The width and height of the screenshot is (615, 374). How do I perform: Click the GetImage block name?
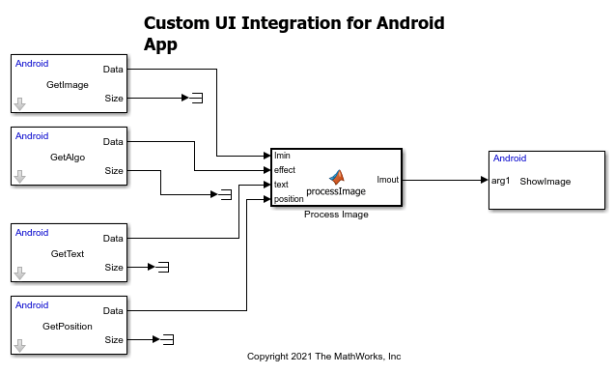[68, 85]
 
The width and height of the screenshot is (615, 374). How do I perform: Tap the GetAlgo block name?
[68, 158]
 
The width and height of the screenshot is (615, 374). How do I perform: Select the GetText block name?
[68, 254]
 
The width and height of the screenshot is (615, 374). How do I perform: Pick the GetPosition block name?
[68, 327]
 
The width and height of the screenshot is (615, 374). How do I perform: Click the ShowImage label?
[545, 182]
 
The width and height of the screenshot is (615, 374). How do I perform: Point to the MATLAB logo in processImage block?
[337, 178]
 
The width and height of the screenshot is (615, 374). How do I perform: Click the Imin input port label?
[282, 156]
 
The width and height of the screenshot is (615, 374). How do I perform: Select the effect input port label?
[285, 170]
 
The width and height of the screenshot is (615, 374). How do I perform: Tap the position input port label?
[289, 199]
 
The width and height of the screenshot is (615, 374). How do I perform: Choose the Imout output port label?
[387, 180]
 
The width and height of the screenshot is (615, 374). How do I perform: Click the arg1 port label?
[500, 181]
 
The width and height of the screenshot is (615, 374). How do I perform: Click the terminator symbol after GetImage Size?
[197, 98]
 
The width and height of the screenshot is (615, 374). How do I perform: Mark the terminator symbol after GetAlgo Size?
[226, 194]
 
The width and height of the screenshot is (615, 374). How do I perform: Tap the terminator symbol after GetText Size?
[163, 267]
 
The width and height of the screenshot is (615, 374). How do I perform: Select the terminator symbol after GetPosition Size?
[168, 339]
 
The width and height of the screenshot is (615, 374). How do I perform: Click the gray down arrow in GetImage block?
[19, 104]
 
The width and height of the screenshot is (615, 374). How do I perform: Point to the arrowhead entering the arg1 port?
[485, 180]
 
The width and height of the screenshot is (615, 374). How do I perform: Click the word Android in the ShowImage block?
[510, 158]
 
